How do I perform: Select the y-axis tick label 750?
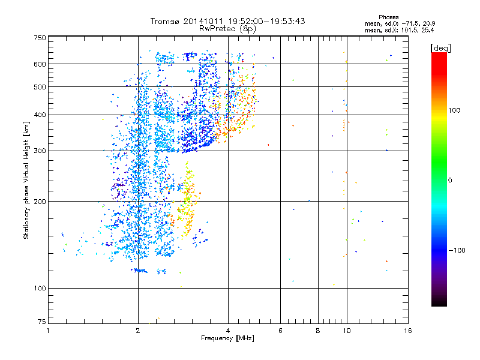tap(40, 38)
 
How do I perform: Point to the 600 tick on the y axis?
tap(40, 64)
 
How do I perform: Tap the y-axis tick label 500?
tap(40, 87)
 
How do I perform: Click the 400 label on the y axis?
tap(40, 115)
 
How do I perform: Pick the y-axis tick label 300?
tap(40, 151)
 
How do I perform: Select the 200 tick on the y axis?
tap(40, 202)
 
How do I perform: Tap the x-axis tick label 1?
tap(48, 331)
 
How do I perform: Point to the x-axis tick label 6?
tap(281, 331)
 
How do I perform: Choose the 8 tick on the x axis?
tap(318, 331)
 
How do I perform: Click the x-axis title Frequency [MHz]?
tap(227, 339)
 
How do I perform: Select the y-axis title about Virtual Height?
tap(26, 180)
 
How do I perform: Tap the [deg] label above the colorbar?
tap(441, 47)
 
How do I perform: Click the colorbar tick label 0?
tap(450, 180)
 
